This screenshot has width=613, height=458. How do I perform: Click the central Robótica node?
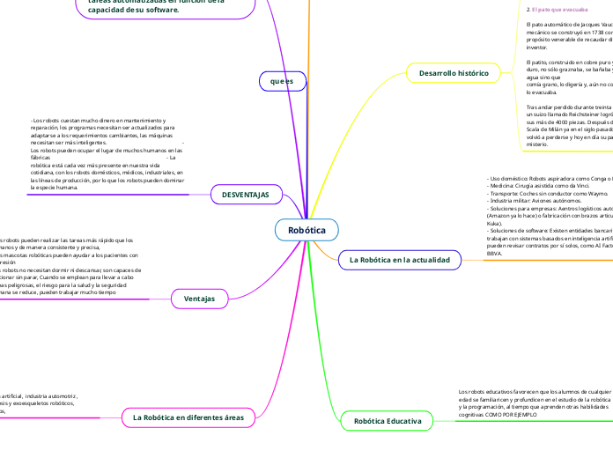click(306, 231)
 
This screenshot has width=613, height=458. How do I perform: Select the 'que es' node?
click(282, 81)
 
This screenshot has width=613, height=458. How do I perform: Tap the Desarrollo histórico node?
click(454, 74)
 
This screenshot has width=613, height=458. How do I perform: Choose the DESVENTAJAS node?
click(246, 194)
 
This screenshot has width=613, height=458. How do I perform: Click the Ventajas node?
click(199, 299)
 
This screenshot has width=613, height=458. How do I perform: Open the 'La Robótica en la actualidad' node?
click(400, 260)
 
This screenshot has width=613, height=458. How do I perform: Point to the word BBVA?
click(495, 253)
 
